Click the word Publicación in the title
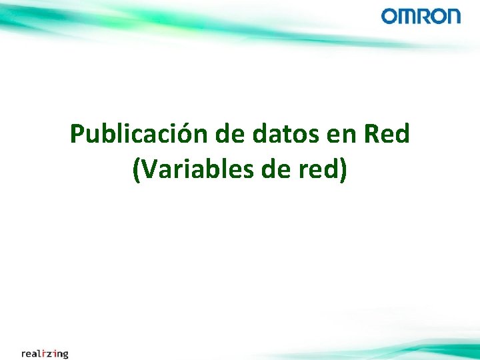[139, 135]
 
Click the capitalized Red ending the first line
[387, 135]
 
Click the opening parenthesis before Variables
[137, 171]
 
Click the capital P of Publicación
[77, 135]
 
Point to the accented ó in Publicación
[185, 135]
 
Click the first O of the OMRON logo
[389, 16]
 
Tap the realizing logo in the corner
[45, 353]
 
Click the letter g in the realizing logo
[65, 354]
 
